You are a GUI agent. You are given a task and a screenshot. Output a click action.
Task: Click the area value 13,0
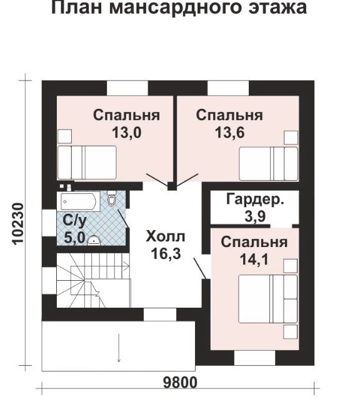tap(127, 133)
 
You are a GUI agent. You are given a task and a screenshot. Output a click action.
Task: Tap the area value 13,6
tap(229, 133)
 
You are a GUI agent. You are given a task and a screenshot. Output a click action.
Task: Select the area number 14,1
tap(254, 260)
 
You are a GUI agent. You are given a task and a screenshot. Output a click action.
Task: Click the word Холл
tap(166, 236)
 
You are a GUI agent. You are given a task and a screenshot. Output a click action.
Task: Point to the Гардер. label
tap(255, 199)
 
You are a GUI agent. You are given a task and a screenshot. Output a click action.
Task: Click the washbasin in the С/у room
tap(94, 241)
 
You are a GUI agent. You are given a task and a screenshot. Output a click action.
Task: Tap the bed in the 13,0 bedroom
tap(87, 163)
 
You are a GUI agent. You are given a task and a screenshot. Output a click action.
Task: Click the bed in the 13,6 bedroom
tap(269, 164)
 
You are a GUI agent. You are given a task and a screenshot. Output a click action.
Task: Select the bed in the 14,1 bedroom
tap(268, 299)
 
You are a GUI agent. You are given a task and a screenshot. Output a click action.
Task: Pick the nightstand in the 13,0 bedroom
tap(64, 136)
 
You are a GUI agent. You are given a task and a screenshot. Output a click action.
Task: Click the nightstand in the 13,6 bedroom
tap(291, 138)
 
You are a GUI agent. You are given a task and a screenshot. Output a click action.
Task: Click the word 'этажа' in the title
tap(277, 8)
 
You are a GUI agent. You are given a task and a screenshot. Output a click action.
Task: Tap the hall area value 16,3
tap(166, 253)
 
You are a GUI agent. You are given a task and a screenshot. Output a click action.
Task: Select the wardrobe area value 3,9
tap(255, 216)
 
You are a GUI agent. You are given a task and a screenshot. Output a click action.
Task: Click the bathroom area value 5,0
tap(74, 238)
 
